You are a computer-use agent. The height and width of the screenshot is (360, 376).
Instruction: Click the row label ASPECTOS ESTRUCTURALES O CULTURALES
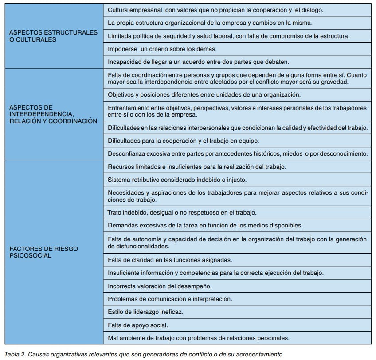click(x=53, y=36)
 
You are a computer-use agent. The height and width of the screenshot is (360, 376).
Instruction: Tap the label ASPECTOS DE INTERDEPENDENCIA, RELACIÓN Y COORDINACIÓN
click(x=53, y=114)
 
